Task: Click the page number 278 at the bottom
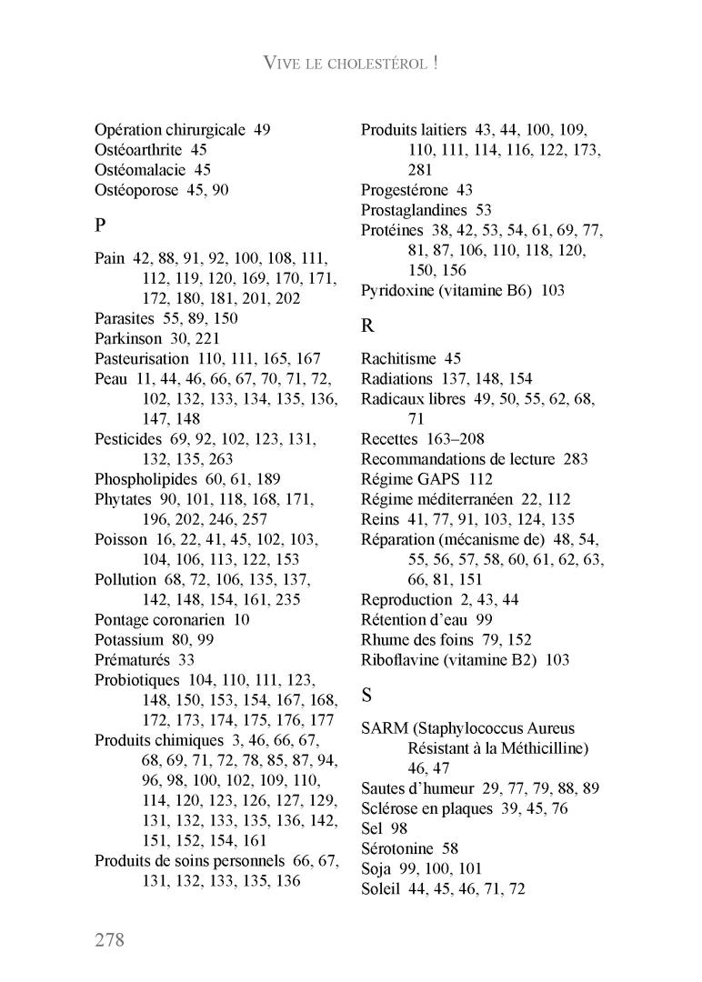[x=109, y=939]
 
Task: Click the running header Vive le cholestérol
[x=351, y=63]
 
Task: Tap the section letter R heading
[x=367, y=325]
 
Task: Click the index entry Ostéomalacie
[x=140, y=169]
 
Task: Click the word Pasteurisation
[x=143, y=358]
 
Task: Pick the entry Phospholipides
[x=148, y=478]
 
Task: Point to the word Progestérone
[x=405, y=190]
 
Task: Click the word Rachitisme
[x=398, y=358]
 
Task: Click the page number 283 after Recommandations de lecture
[x=576, y=458]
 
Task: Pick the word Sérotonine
[x=397, y=848]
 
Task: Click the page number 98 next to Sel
[x=399, y=828]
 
